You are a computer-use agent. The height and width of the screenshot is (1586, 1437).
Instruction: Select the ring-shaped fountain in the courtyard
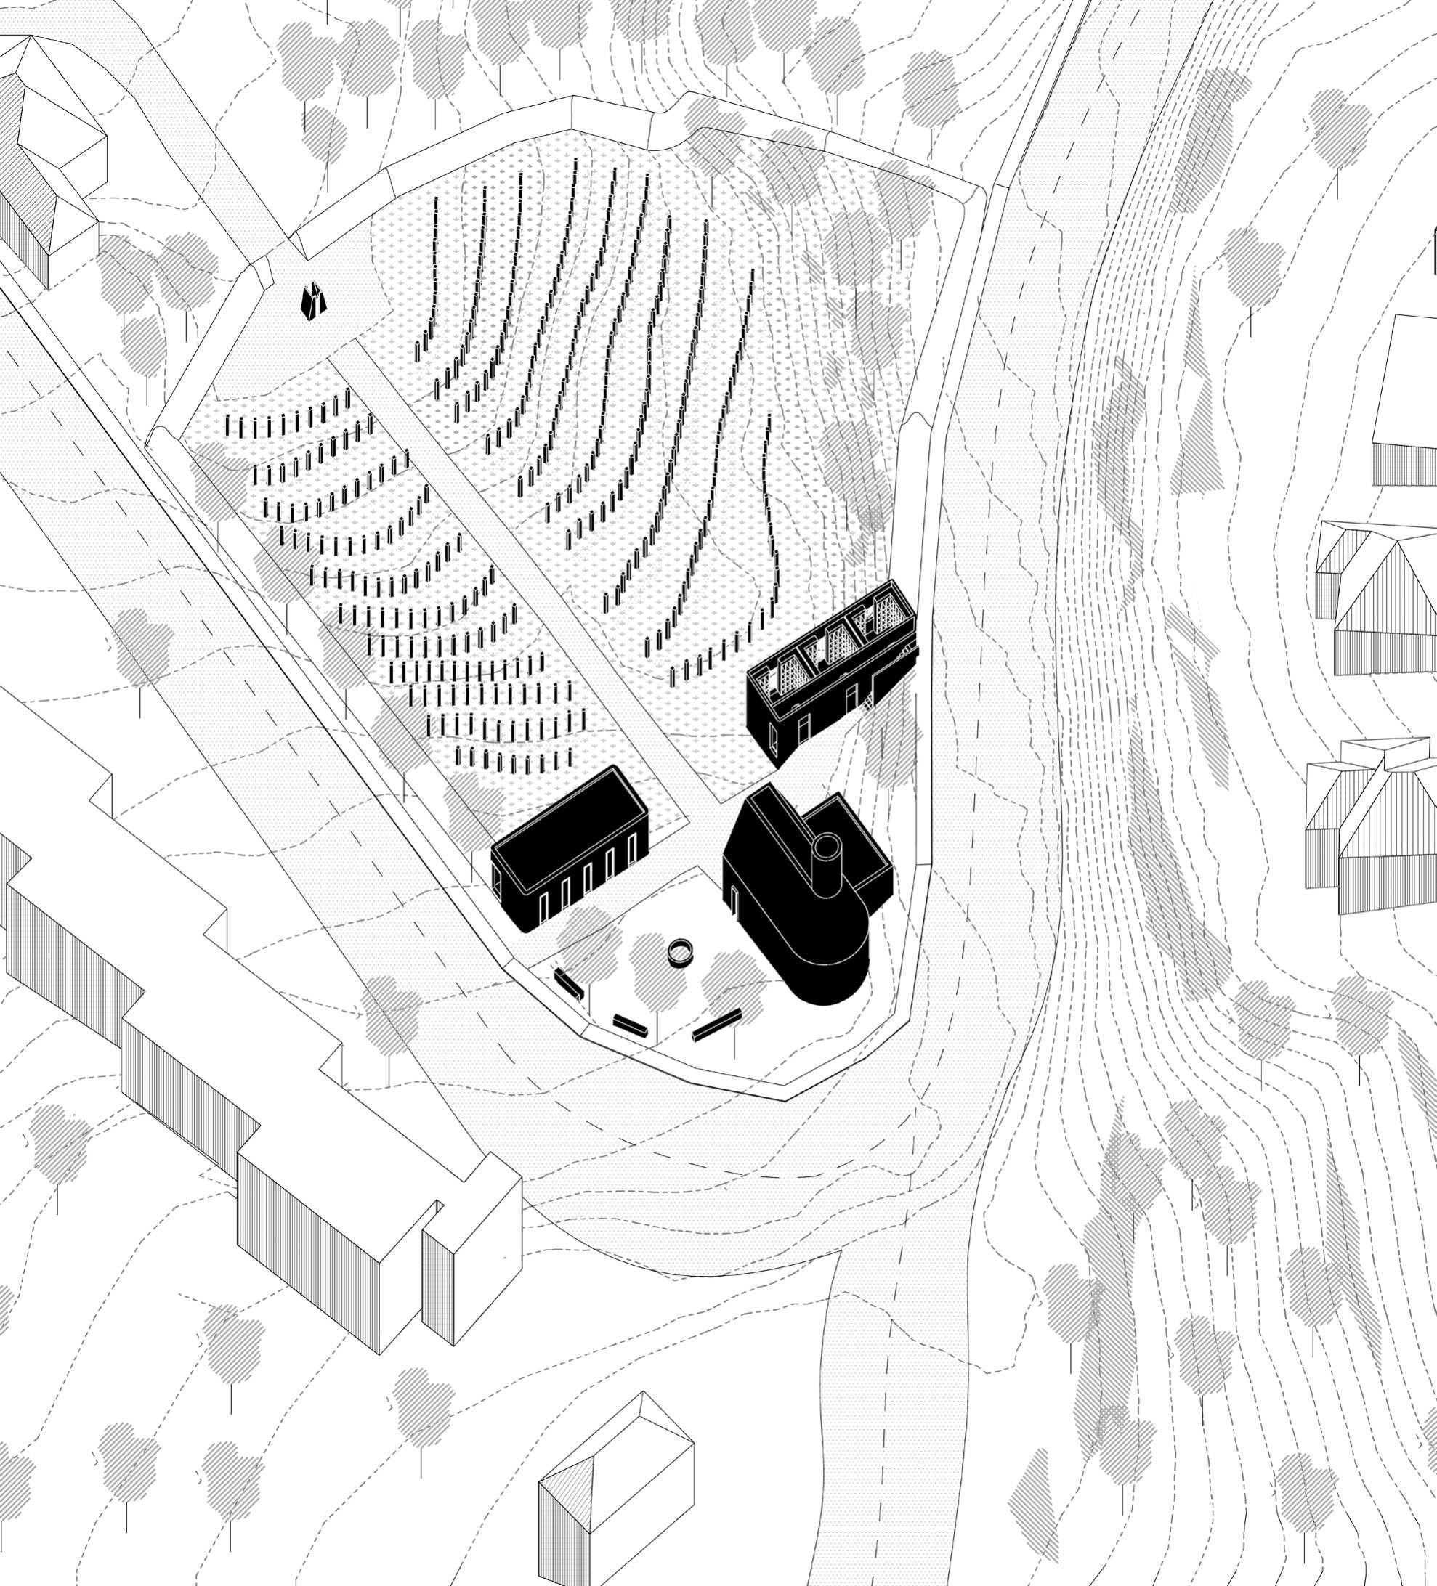pos(680,953)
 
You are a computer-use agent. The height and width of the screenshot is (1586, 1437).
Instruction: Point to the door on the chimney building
pos(734,899)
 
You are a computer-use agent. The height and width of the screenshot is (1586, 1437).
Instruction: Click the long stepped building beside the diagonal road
pos(236,1062)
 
